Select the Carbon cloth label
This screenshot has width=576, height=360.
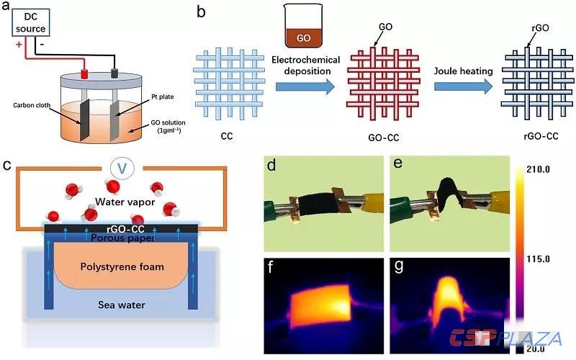tap(34, 105)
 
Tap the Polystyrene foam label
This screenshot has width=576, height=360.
tap(122, 267)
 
